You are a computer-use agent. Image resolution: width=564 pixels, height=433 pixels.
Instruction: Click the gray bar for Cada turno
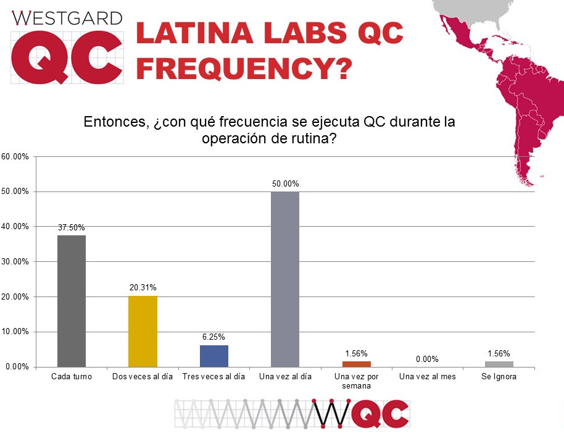click(72, 301)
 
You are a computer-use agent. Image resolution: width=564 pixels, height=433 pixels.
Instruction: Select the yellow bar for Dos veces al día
click(143, 331)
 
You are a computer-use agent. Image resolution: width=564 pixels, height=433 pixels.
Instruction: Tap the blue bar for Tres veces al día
click(214, 356)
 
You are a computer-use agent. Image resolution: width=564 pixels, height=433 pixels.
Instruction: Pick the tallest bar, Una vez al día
click(285, 279)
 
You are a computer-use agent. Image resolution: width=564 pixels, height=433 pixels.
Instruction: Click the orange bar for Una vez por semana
click(356, 364)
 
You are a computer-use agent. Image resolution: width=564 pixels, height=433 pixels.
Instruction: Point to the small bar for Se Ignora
click(499, 364)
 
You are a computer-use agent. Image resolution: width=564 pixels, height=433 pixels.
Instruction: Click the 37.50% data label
click(72, 228)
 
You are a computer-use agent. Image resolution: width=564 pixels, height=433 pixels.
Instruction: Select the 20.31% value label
click(143, 288)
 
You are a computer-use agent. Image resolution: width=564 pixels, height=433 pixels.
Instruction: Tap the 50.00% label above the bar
click(285, 184)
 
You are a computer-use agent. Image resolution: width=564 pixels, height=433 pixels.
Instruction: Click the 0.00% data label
click(427, 359)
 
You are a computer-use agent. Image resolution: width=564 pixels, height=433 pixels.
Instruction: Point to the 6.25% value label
click(214, 337)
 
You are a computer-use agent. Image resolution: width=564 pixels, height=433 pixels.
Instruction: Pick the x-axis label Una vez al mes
click(428, 377)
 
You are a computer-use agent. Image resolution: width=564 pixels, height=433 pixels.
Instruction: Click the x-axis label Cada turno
click(72, 377)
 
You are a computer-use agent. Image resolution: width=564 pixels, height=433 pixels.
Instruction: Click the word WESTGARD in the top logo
click(67, 18)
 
